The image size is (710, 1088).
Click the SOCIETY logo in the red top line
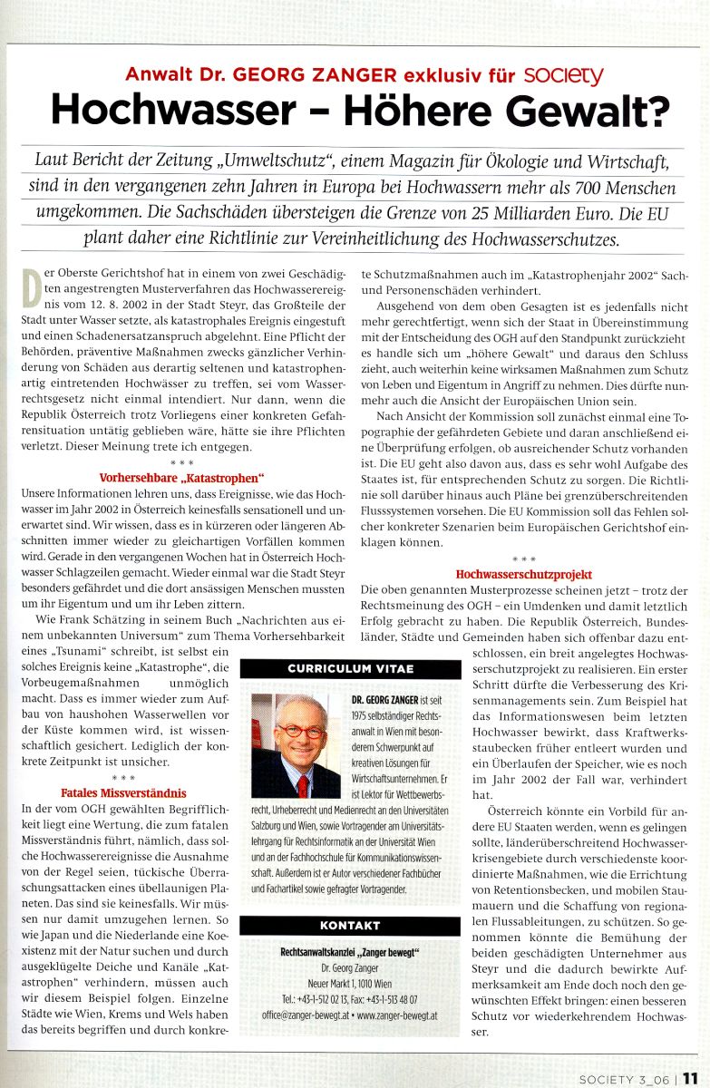[568, 74]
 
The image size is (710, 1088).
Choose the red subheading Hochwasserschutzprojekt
[524, 575]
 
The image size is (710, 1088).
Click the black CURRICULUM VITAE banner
[350, 669]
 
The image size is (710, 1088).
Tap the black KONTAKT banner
[350, 926]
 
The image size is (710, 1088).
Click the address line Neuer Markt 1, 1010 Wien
[350, 984]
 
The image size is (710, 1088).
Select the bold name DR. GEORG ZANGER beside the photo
[389, 701]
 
